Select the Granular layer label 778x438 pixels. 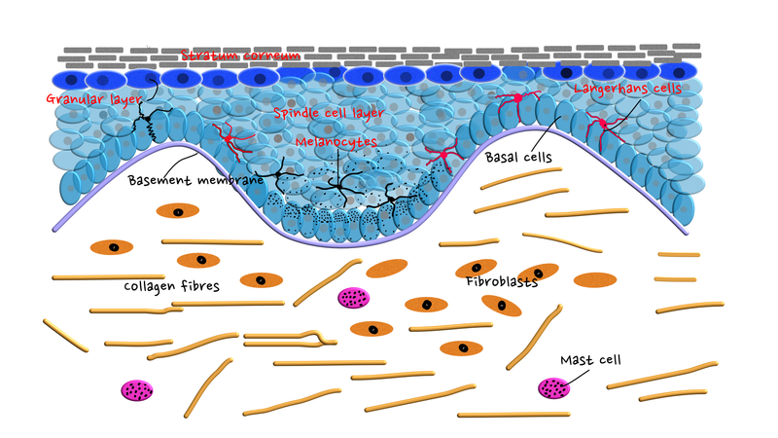(94, 99)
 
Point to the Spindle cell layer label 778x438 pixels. (329, 113)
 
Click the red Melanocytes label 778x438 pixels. (336, 142)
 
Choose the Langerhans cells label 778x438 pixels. (627, 89)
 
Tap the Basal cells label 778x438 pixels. (518, 158)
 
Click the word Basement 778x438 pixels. (158, 180)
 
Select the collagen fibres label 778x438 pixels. (172, 286)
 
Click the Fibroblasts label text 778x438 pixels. (502, 282)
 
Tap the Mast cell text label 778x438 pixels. (590, 360)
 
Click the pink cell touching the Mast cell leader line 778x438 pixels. (553, 387)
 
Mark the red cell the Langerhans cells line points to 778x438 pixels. (602, 125)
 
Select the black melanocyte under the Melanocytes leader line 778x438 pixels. (337, 187)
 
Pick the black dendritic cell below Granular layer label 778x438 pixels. (148, 119)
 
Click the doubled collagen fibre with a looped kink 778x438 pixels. (290, 339)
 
